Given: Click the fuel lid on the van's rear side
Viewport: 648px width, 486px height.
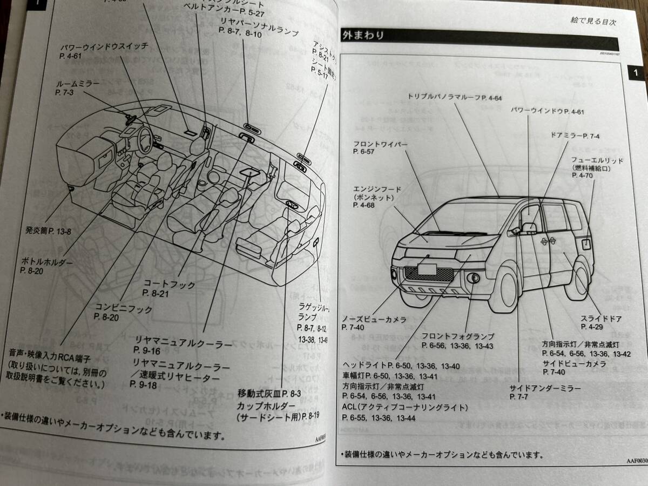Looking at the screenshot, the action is (587, 242).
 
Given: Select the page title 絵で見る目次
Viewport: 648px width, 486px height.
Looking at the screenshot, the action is (593, 22).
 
